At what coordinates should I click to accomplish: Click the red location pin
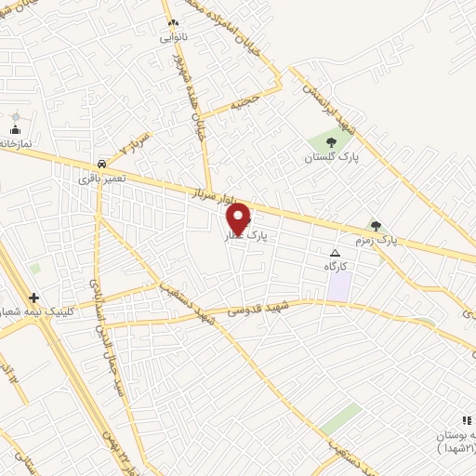point(239,218)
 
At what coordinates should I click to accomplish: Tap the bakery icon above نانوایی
point(171,22)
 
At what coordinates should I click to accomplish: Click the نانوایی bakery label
point(173,38)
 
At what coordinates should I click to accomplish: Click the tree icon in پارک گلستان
point(331,142)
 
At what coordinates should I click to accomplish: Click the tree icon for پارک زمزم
point(376,224)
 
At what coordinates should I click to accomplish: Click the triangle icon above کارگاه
point(336,252)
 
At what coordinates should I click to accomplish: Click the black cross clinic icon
point(34,297)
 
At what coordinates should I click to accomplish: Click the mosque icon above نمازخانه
point(16,130)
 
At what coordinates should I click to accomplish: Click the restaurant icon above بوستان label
point(466,421)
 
